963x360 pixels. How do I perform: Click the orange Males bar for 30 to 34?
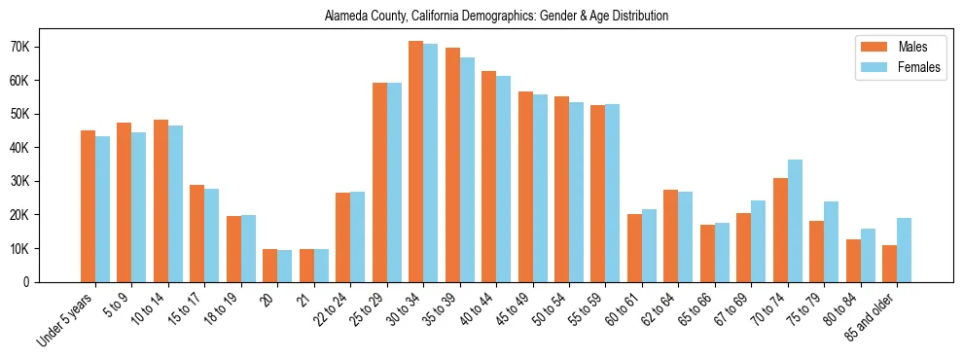(415, 162)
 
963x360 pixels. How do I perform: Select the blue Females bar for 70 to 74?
(795, 221)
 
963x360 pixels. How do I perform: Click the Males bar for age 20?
(269, 266)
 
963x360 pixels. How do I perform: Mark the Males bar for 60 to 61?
(634, 248)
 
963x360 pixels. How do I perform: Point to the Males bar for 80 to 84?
(853, 261)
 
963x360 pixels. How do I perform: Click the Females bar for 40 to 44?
(503, 179)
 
